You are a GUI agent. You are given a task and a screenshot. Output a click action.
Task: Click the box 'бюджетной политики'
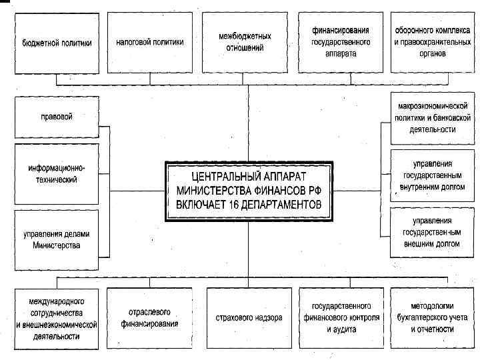[x=57, y=42]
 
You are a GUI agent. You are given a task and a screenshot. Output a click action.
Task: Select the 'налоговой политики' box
[x=150, y=42]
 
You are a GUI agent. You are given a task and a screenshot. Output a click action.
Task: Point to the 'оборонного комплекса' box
[x=429, y=42]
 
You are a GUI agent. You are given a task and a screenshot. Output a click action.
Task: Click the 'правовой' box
[x=57, y=117]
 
